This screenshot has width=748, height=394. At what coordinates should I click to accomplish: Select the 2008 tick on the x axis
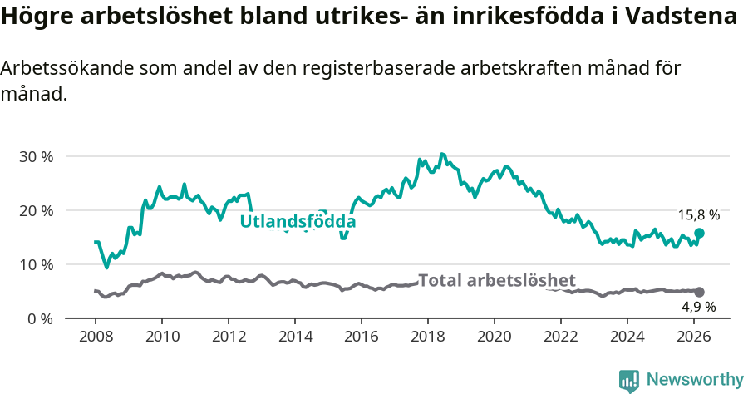[95, 337]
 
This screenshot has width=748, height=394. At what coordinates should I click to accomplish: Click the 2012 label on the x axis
[228, 337]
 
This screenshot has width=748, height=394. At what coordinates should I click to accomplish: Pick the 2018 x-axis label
[428, 337]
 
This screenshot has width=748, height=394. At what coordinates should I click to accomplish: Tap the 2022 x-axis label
[561, 337]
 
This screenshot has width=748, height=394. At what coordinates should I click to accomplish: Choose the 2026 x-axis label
[694, 337]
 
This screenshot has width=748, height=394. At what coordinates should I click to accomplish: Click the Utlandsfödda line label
[298, 222]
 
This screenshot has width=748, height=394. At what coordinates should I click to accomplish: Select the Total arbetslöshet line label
[496, 280]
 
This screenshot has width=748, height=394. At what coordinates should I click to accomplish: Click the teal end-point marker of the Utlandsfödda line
[699, 234]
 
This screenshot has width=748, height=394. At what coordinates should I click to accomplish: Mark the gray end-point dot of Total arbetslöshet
[699, 292]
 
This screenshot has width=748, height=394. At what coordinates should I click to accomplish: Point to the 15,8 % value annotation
[698, 215]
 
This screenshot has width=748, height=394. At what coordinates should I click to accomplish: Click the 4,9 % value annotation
[698, 307]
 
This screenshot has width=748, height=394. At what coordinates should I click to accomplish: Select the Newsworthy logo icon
[629, 380]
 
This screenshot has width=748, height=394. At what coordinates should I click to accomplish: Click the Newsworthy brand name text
[694, 380]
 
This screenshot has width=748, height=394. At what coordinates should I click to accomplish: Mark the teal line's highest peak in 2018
[442, 154]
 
